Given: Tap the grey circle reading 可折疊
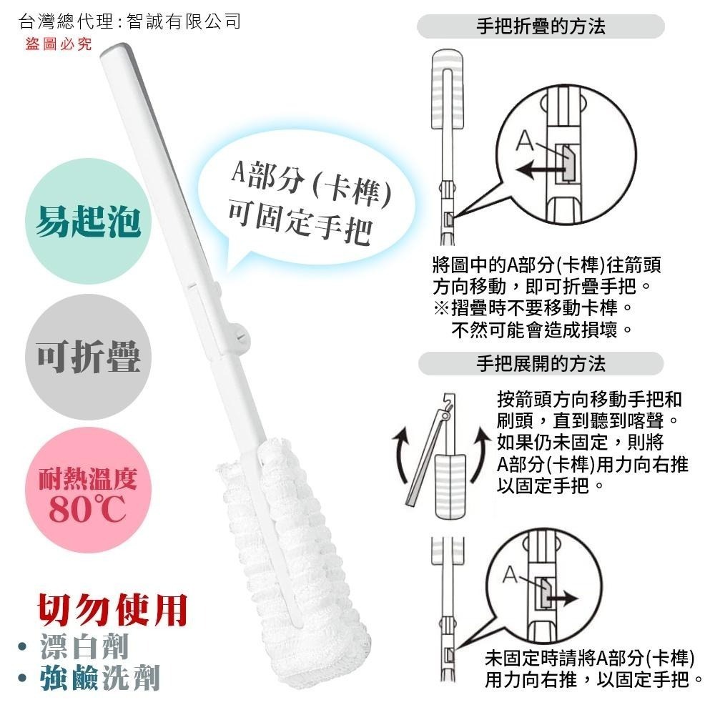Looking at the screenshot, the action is (88, 357).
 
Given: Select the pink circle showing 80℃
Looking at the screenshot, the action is (88, 490).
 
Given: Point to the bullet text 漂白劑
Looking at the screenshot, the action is (84, 646).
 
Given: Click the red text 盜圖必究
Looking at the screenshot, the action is (59, 44).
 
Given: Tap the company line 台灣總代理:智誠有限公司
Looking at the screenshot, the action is (130, 21).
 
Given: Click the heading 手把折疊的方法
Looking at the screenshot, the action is (541, 26).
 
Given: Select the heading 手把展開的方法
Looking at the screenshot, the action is (541, 364).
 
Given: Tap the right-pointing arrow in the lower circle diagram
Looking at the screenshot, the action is (561, 598).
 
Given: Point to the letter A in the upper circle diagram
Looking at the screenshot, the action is (525, 141).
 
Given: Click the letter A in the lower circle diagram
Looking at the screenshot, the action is (511, 575).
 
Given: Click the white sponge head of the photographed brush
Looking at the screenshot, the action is (292, 561).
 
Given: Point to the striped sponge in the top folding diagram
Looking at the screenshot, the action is (448, 89).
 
